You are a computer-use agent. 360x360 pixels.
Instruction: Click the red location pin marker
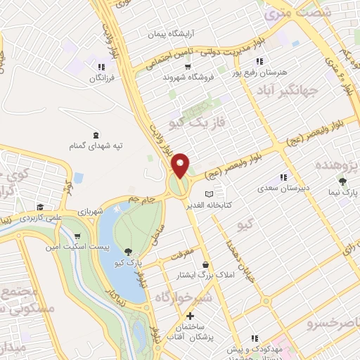point(181,165)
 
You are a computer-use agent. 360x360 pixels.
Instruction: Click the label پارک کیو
point(129,262)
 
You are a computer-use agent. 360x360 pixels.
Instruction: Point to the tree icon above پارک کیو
point(127,251)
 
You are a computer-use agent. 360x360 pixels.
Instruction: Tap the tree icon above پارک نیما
point(342,181)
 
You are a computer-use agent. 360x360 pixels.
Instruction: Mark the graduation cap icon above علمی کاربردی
point(40,207)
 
